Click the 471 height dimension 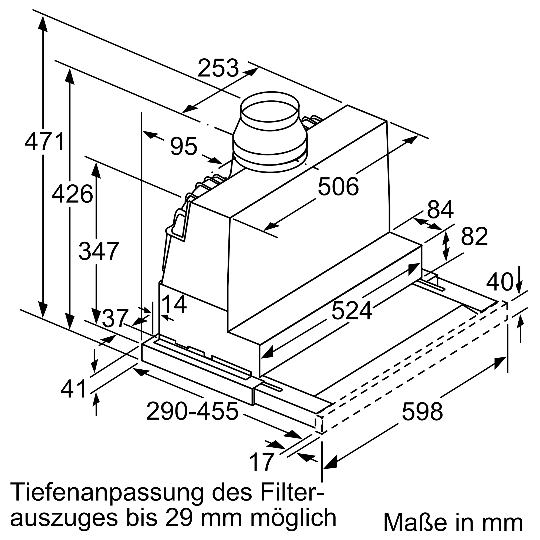(45, 142)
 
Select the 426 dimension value (72, 194)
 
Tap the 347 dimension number (99, 251)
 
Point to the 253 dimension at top (218, 68)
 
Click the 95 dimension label (184, 146)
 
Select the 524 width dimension (352, 310)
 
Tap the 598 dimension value (422, 412)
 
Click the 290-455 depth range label (192, 411)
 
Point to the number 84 (440, 210)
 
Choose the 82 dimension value (474, 236)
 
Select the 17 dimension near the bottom (261, 462)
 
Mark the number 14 (174, 304)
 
